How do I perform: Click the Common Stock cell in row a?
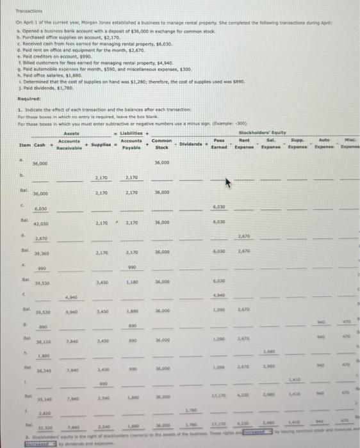(161, 163)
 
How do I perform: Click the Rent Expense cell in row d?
(244, 237)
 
